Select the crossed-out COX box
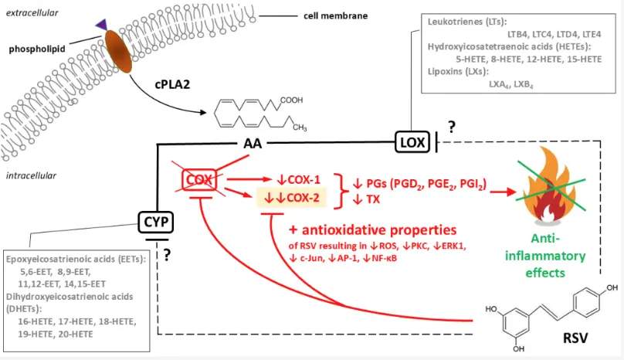click(199, 179)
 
